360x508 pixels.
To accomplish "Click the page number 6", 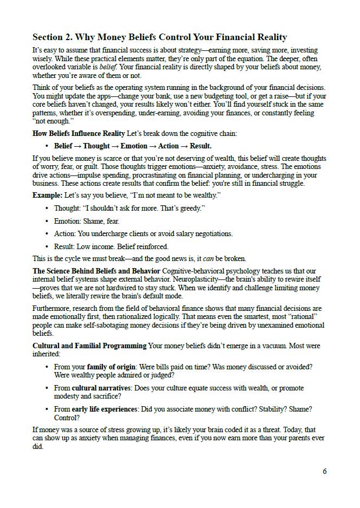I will [x=325, y=471].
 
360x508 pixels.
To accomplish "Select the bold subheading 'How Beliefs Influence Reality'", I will [x=78, y=133].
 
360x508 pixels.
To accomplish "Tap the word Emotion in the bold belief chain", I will [x=134, y=146].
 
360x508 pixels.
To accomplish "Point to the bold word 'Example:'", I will [x=47, y=195].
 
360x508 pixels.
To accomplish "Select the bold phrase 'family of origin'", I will [x=112, y=367].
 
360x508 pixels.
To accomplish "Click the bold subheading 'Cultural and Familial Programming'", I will [x=89, y=346].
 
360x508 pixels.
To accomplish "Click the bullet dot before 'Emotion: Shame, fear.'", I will [x=47, y=222].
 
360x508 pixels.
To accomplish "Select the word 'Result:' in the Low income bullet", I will [x=64, y=246].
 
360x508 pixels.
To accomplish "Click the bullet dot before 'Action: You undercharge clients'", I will [x=47, y=234].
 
